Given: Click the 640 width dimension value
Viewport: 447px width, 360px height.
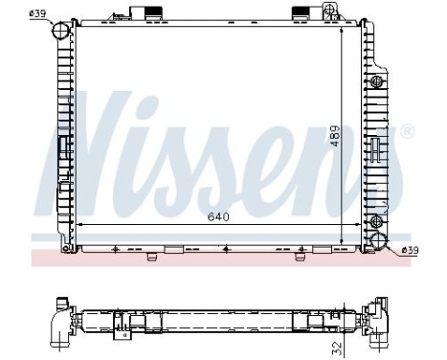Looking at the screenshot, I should [x=220, y=215].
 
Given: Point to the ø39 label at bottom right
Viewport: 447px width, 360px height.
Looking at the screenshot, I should [x=409, y=250].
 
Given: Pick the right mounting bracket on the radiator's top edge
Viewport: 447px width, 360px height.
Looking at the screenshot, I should [x=302, y=12].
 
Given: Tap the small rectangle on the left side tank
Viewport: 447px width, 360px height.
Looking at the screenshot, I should [x=65, y=147].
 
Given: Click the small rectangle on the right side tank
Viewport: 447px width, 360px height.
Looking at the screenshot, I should [x=375, y=148].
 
